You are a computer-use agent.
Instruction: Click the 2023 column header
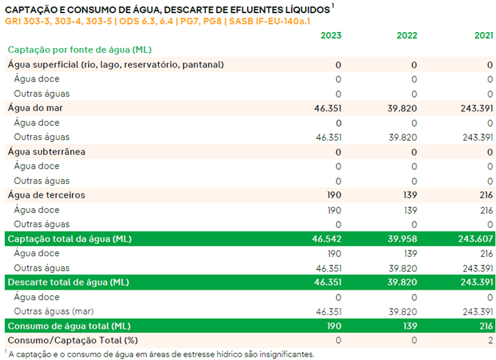click(331, 36)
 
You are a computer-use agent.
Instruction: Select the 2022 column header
click(407, 36)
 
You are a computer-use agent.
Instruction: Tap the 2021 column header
click(483, 36)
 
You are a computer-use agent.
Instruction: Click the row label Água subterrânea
click(46, 152)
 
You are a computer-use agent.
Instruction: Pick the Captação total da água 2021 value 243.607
click(474, 239)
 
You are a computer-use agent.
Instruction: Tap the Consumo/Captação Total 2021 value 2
click(490, 340)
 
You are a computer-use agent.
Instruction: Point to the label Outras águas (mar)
click(53, 311)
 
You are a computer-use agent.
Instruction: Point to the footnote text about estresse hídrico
click(162, 354)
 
